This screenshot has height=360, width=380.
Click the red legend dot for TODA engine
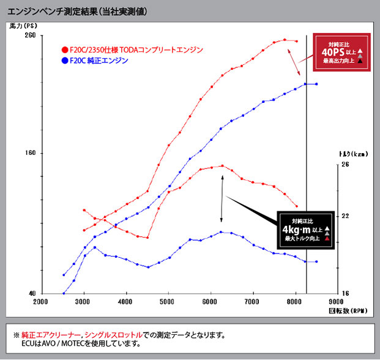point(65,50)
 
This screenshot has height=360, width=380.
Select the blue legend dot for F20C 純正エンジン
point(65,61)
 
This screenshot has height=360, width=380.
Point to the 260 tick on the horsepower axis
point(29,36)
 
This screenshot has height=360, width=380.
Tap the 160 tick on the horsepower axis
point(29,153)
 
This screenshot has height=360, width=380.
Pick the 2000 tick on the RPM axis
point(40,302)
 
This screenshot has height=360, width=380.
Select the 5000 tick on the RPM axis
point(168,302)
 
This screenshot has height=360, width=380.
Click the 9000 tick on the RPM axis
point(337,302)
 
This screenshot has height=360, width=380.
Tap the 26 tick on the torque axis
point(345,165)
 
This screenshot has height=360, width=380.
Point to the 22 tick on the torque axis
point(345,216)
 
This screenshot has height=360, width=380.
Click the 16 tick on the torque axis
point(345,294)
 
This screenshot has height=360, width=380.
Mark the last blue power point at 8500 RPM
point(316,84)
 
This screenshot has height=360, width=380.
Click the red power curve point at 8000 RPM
point(296,42)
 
